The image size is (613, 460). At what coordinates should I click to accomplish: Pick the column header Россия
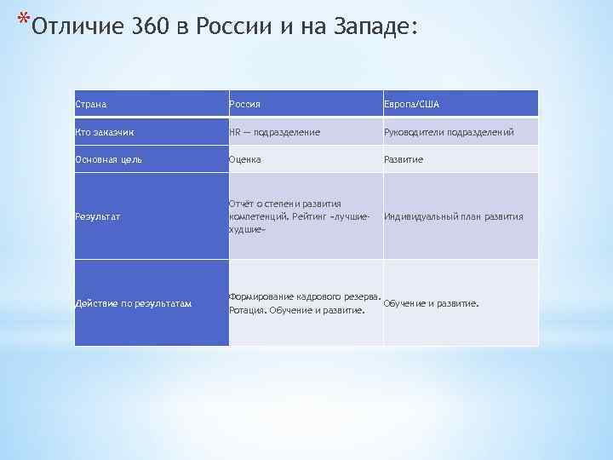click(x=244, y=105)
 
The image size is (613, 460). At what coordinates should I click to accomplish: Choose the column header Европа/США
click(x=412, y=105)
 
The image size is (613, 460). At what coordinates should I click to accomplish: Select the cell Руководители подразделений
click(x=449, y=133)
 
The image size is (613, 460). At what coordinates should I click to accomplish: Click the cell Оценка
click(x=245, y=160)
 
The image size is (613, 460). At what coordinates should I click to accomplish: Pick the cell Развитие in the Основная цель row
click(x=404, y=160)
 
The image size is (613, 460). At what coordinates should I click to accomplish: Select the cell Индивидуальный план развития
click(x=453, y=216)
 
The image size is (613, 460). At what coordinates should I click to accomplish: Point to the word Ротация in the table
click(x=247, y=311)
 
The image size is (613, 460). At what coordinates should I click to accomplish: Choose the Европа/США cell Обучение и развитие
click(x=432, y=303)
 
